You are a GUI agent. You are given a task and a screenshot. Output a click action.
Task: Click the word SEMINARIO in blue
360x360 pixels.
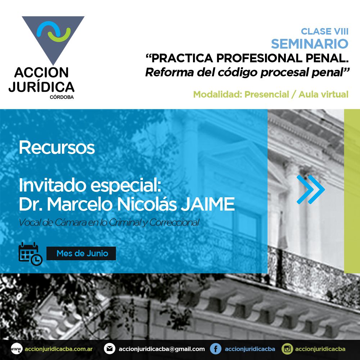310,44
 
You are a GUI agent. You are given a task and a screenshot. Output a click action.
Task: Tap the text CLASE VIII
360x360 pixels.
325,31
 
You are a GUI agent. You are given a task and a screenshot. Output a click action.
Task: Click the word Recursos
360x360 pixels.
57,147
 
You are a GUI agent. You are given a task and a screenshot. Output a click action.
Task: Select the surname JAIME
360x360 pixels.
208,204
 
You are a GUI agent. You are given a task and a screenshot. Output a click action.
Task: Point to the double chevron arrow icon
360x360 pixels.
311,189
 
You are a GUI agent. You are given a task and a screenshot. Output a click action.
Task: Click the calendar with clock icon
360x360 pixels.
30,254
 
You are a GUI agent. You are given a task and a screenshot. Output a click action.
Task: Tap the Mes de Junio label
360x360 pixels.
82,253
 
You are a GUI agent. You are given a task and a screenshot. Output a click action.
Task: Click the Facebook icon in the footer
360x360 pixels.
216,349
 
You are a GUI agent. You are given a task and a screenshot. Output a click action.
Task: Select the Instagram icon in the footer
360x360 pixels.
287,349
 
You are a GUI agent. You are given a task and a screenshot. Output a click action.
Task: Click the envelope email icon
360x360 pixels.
109,349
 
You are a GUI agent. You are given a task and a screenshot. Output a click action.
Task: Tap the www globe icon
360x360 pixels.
17,349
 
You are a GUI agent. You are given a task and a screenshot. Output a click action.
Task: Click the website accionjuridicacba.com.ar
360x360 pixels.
59,349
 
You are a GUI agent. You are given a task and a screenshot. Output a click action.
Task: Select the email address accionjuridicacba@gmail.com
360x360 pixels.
162,349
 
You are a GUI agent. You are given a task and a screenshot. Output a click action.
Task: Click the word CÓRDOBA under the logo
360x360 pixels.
62,97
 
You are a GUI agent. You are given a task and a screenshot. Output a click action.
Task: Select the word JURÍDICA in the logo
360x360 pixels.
41,87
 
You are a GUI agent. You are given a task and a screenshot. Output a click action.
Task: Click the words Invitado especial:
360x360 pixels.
90,185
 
